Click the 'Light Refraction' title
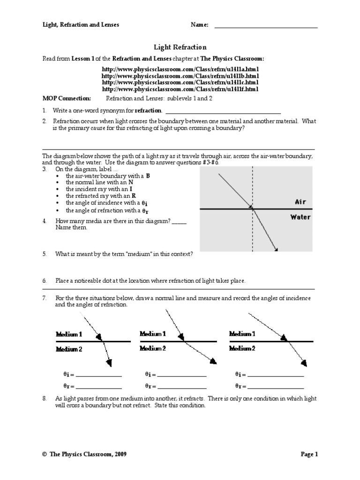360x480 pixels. [180, 47]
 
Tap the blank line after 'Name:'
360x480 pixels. [266, 27]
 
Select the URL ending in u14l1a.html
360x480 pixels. [180, 69]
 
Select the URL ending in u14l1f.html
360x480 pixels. [180, 89]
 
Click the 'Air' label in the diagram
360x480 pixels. [300, 202]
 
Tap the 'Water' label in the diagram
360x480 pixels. [300, 217]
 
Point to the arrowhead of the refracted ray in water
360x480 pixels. [276, 249]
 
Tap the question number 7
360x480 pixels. [45, 298]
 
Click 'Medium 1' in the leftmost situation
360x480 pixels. [69, 335]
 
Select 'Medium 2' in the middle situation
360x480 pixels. [153, 348]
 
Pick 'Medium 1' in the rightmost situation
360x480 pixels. [242, 334]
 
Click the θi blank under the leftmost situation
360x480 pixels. [98, 375]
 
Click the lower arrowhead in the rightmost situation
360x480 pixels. [304, 363]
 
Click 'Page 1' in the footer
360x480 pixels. [309, 454]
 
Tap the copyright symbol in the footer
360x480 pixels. [44, 454]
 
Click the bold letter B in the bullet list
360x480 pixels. [148, 175]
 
